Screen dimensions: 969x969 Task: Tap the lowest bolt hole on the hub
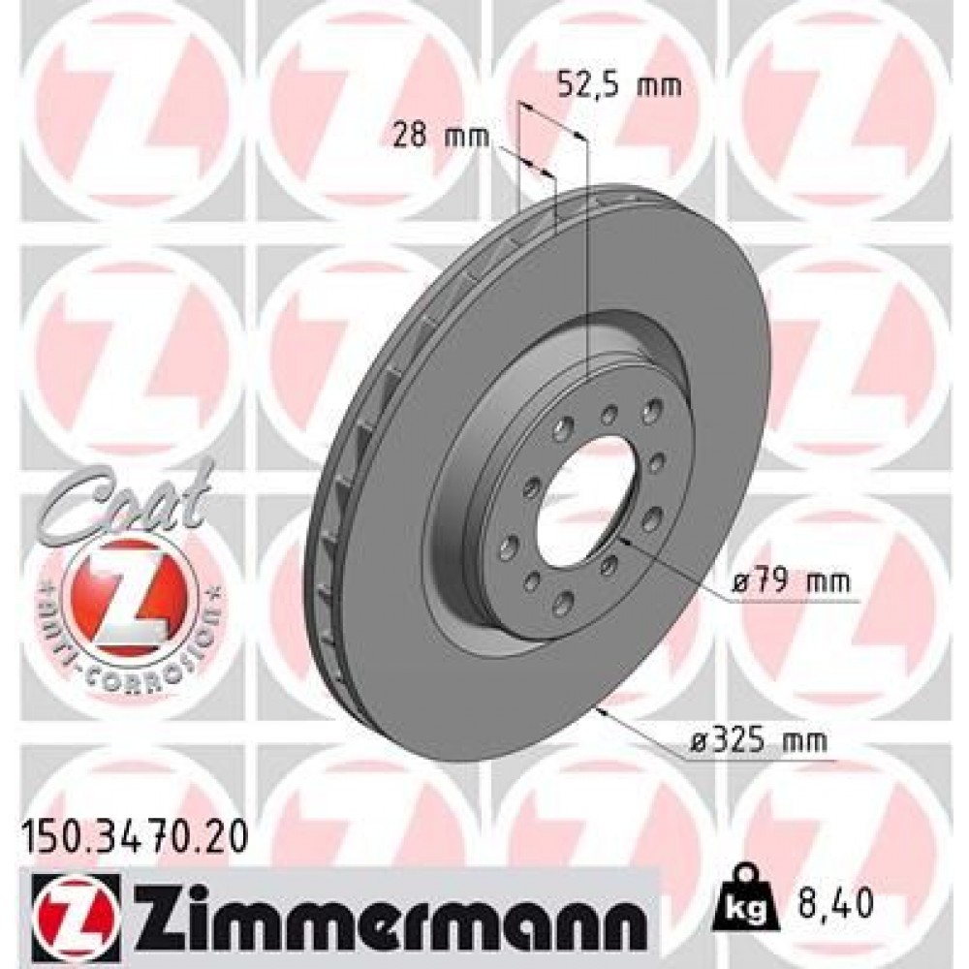point(563,608)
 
